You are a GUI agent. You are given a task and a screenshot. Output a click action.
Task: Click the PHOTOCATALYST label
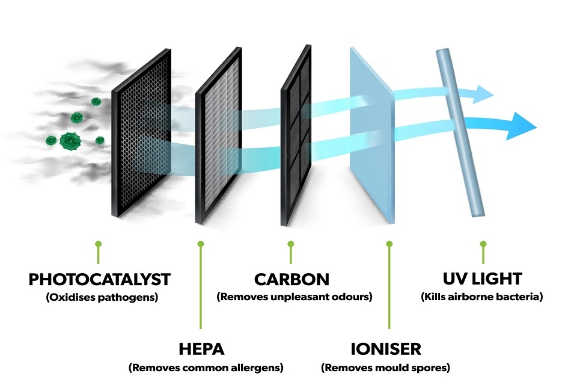pos(99,279)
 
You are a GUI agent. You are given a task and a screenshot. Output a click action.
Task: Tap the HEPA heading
pos(201,350)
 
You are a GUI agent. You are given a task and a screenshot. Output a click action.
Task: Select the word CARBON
pos(292,279)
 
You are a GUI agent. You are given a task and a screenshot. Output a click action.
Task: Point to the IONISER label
pos(386,350)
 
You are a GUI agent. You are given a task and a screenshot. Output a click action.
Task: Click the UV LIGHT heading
pos(483,279)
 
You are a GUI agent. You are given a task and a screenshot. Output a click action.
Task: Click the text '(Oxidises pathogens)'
pos(102,297)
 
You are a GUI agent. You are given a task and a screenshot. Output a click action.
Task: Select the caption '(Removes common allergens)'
pos(206,368)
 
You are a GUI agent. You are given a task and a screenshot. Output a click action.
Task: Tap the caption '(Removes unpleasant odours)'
pos(295,297)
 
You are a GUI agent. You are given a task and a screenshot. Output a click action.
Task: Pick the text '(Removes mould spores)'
pos(386,368)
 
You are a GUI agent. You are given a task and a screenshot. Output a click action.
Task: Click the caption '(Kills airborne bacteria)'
pos(482,297)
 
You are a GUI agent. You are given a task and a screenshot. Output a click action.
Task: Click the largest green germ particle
pos(70,141)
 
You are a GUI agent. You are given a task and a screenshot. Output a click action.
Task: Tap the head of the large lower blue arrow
pos(522,126)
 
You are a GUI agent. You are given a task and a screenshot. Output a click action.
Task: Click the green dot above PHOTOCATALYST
pos(98,244)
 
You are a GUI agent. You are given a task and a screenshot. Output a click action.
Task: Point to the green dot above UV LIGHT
pos(483,244)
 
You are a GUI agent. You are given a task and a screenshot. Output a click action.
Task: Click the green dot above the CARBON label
pos(291,244)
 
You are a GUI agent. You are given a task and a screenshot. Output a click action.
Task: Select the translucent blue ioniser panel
pos(372,135)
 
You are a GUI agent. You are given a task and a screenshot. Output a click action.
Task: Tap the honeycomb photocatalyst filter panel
pos(141,132)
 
